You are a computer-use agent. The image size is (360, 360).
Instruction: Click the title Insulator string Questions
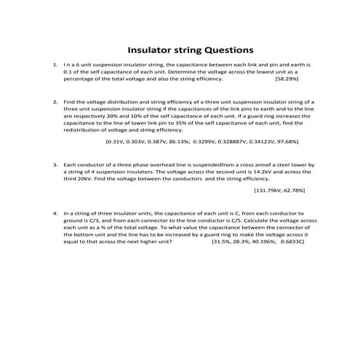pyautogui.click(x=191, y=51)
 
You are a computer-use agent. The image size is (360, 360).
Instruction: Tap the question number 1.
pyautogui.click(x=55, y=65)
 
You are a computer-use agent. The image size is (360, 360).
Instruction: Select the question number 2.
pyautogui.click(x=55, y=103)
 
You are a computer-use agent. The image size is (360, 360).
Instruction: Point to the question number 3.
pyautogui.click(x=55, y=165)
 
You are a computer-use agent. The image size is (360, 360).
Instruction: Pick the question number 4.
pyautogui.click(x=55, y=215)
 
